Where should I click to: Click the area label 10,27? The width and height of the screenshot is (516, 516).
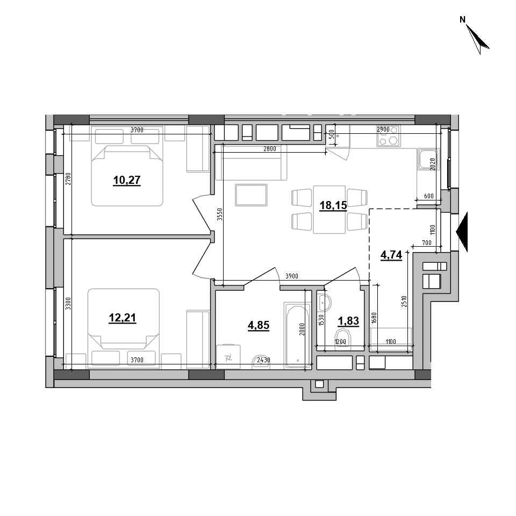pos(127,180)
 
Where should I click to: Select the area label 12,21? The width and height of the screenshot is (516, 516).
pos(123,318)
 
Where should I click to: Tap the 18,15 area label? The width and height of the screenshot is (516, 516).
pos(333,205)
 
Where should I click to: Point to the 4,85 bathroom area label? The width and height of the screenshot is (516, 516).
pos(259,325)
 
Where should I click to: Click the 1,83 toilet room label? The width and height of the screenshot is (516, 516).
pos(348,320)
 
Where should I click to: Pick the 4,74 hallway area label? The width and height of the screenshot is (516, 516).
pos(391,255)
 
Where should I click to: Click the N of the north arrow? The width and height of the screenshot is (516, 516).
pos(462,20)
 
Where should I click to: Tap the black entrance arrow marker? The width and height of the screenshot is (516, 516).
pos(462,232)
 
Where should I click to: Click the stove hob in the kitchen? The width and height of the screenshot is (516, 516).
pos(389,135)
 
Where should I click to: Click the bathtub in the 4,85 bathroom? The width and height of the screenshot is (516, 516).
pos(297,335)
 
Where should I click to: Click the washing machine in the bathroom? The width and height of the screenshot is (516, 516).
pos(229,356)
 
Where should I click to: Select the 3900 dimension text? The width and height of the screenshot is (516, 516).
pos(291,276)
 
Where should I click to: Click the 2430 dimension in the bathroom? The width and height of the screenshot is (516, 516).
pos(263,360)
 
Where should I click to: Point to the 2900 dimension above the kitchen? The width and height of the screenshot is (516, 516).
pos(383,130)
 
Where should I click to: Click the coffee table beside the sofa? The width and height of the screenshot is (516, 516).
pos(251,195)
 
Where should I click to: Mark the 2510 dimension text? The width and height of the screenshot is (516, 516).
pos(404,302)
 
